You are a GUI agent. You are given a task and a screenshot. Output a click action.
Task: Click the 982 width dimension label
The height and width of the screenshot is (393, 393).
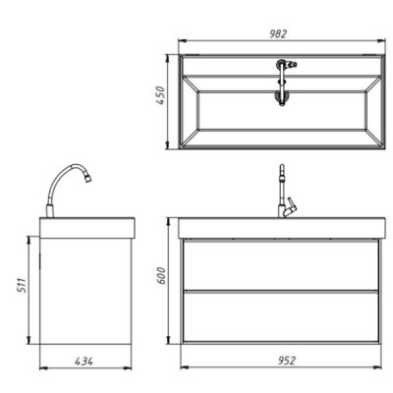coord(278,33)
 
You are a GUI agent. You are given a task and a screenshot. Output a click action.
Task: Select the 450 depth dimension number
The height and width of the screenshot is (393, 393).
coord(160,95)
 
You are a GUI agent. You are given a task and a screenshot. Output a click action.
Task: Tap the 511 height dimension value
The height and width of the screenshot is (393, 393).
coord(22,285)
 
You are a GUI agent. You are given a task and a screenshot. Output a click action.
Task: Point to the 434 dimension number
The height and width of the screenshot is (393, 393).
coord(84,362)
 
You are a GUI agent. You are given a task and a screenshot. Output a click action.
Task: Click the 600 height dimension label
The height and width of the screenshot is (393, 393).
coord(161,276)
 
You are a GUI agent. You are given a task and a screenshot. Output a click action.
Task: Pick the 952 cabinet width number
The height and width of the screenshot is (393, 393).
coord(287,361)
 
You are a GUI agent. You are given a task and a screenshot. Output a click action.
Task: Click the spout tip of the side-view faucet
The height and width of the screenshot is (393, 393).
coord(88,179)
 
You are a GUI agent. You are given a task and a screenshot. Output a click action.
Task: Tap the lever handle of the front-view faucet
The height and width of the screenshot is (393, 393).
coord(290,207)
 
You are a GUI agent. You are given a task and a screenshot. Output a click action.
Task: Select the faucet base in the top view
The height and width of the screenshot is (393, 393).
coord(281,64)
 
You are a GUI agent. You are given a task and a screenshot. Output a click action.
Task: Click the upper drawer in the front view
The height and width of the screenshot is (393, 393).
coord(281,264)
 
